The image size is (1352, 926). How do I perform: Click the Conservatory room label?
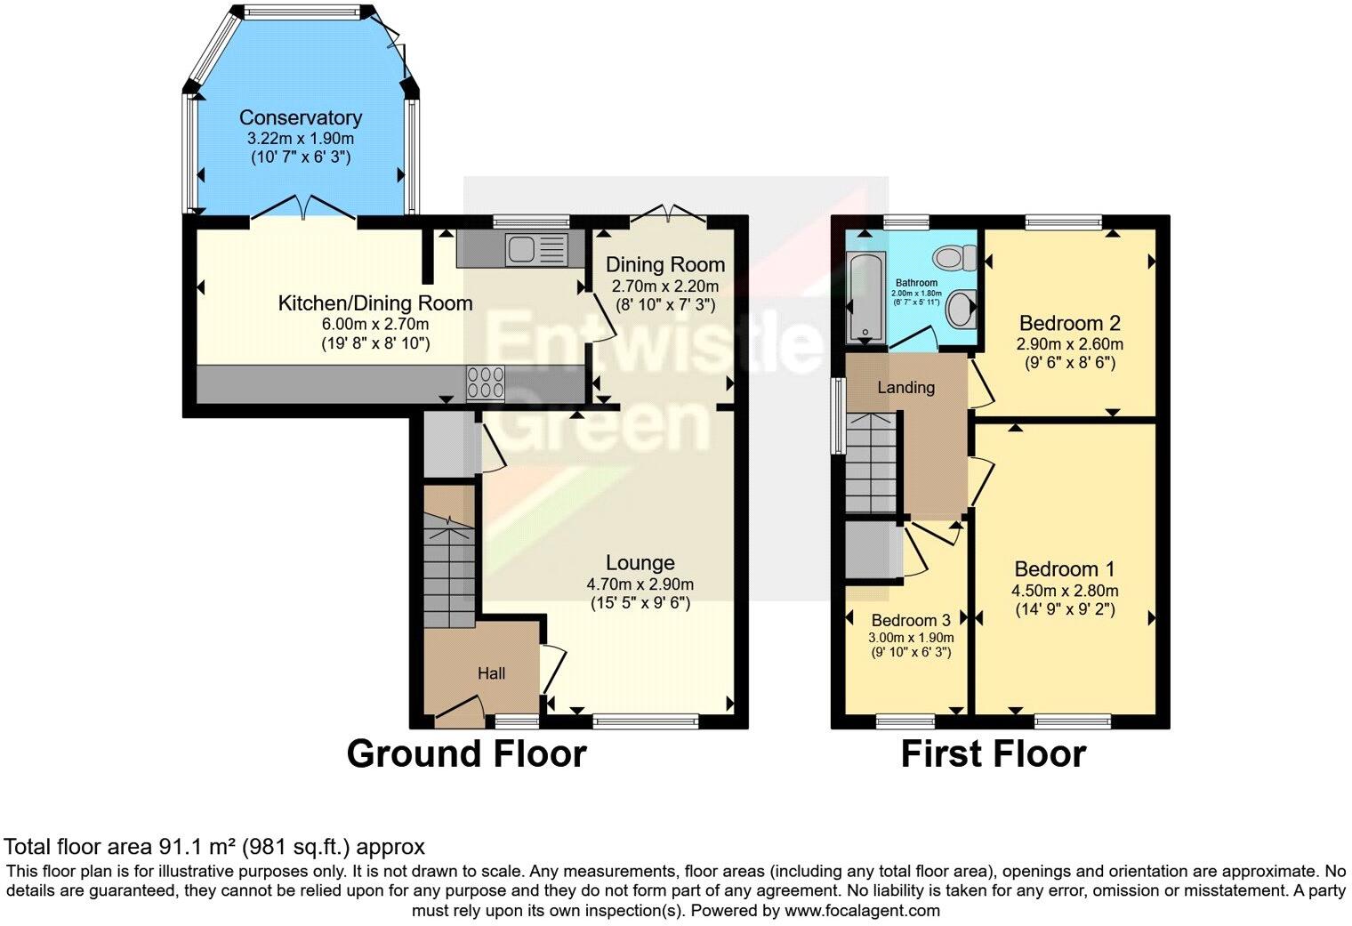pyautogui.click(x=300, y=117)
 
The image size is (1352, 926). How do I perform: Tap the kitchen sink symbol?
pyautogui.click(x=535, y=248)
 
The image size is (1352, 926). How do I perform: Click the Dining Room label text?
pyautogui.click(x=664, y=264)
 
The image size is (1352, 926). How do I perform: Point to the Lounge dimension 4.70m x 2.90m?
pyautogui.click(x=640, y=584)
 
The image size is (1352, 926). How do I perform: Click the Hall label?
pyautogui.click(x=491, y=673)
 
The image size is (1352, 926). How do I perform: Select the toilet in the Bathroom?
pyautogui.click(x=954, y=258)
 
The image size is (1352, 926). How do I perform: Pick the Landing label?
pyautogui.click(x=905, y=387)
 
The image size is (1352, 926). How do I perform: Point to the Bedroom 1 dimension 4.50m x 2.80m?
pyautogui.click(x=1065, y=591)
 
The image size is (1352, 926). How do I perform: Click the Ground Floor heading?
pyautogui.click(x=466, y=753)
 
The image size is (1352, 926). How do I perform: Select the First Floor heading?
pyautogui.click(x=993, y=753)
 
